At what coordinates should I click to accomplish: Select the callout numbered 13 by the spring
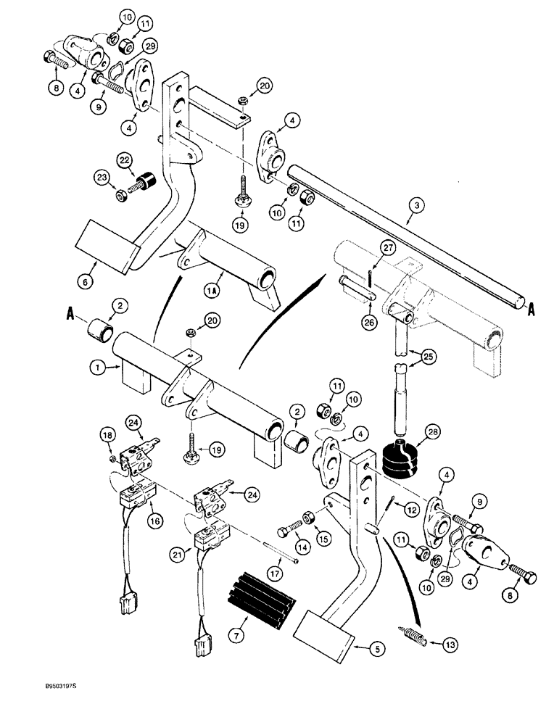click(x=445, y=642)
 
